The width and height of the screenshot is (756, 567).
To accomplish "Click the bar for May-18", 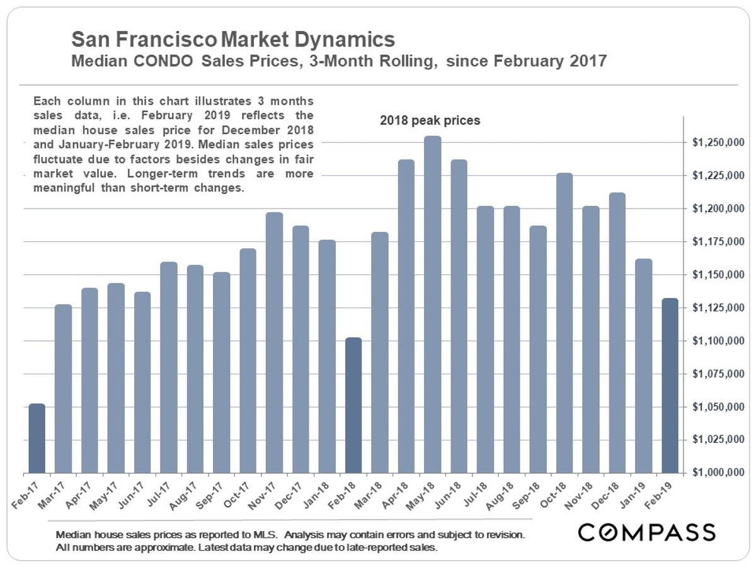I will (432, 305).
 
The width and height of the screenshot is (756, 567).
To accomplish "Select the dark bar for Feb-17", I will (37, 438).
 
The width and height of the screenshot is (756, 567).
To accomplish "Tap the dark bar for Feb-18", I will (353, 406).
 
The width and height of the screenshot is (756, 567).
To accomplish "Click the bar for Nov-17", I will (275, 343).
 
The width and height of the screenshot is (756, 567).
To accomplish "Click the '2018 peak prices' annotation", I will (430, 120).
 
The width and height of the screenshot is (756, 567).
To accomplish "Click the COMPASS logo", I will (647, 532).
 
